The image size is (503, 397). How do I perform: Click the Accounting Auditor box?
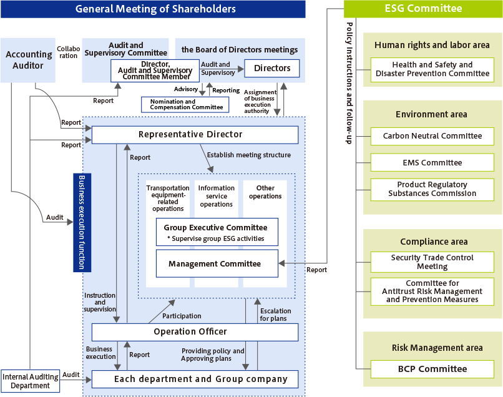click(x=29, y=60)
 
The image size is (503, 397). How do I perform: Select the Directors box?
click(x=271, y=68)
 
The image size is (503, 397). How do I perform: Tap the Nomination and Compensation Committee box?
click(x=185, y=104)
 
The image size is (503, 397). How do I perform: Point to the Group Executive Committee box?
click(x=217, y=232)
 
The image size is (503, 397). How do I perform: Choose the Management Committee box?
click(x=217, y=263)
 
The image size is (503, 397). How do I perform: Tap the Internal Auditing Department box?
click(x=30, y=381)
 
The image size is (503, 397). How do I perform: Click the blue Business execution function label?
click(x=82, y=222)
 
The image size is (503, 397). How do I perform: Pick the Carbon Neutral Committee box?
click(x=432, y=135)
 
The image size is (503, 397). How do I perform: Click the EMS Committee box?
click(x=432, y=162)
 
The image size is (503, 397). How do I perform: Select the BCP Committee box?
click(x=432, y=369)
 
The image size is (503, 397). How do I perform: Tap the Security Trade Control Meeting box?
click(x=432, y=262)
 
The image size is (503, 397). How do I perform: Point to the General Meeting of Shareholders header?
click(x=153, y=9)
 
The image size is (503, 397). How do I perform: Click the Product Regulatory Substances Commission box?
click(x=432, y=189)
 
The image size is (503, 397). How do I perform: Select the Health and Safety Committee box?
click(x=432, y=69)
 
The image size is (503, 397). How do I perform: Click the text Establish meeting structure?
click(x=248, y=155)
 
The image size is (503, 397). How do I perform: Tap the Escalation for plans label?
click(x=275, y=315)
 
